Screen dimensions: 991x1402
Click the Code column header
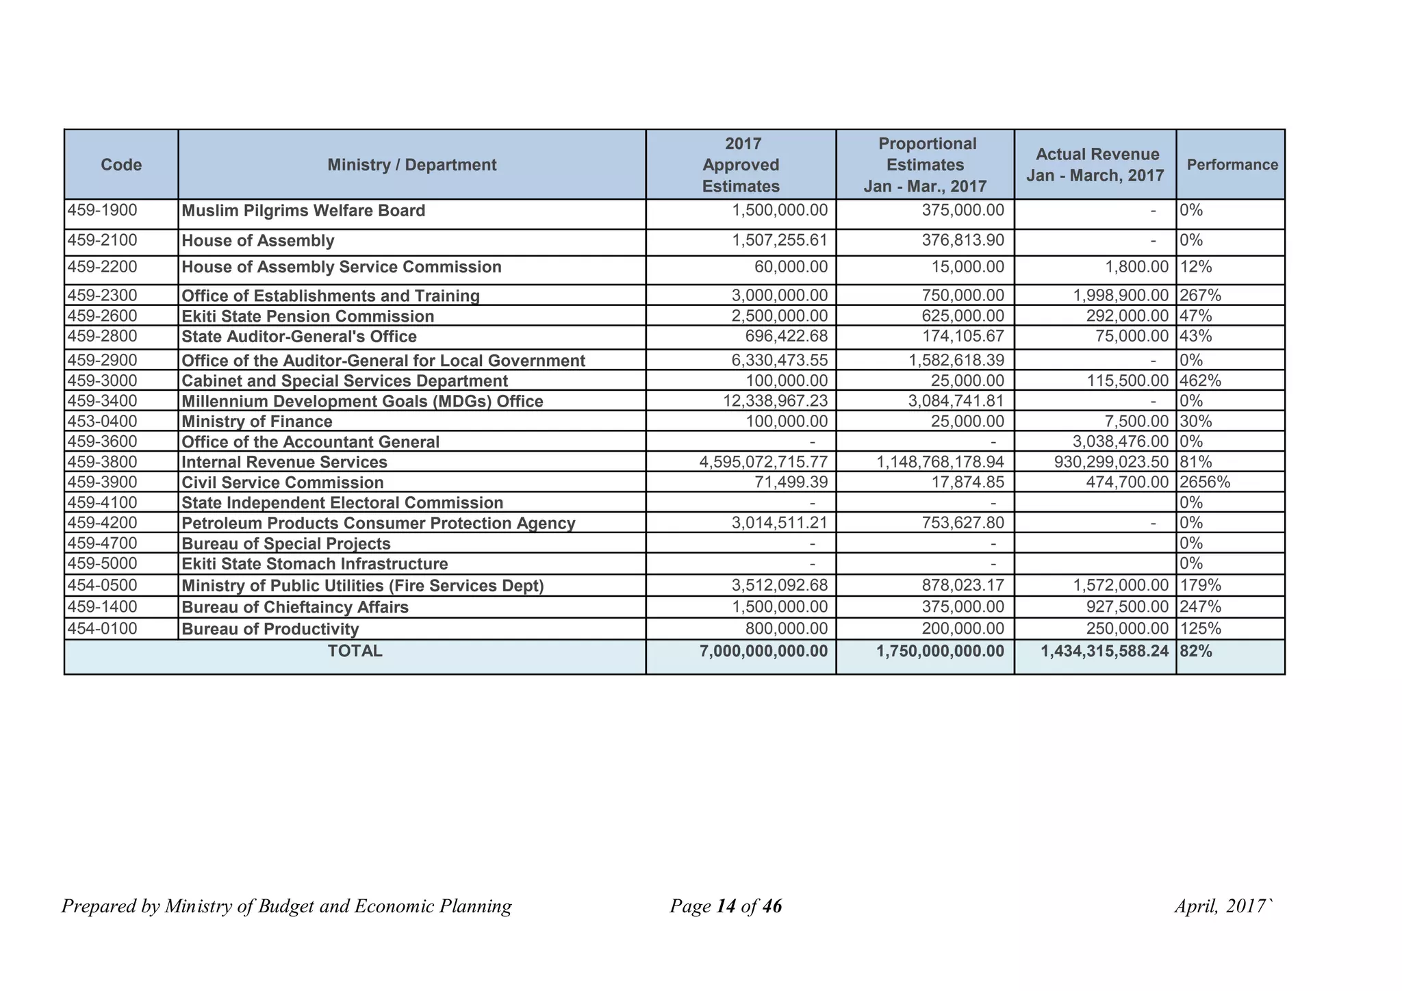click(x=121, y=165)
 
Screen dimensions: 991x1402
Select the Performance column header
click(x=1232, y=165)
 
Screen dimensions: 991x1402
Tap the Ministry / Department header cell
click(x=411, y=165)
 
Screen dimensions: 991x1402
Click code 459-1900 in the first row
click(x=103, y=210)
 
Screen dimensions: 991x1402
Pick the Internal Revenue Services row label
click(x=284, y=463)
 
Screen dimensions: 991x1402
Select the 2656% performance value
click(x=1205, y=482)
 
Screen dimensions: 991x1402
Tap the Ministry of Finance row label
click(x=257, y=422)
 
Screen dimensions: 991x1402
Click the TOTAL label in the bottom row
click(x=355, y=652)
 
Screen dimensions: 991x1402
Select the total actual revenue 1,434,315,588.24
click(x=1104, y=652)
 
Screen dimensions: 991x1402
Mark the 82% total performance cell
click(x=1196, y=652)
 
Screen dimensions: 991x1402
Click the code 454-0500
click(x=103, y=585)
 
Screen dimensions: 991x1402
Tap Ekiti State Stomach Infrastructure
click(x=315, y=564)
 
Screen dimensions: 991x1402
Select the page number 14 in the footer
click(x=726, y=907)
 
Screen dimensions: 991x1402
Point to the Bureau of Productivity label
click(x=270, y=629)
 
